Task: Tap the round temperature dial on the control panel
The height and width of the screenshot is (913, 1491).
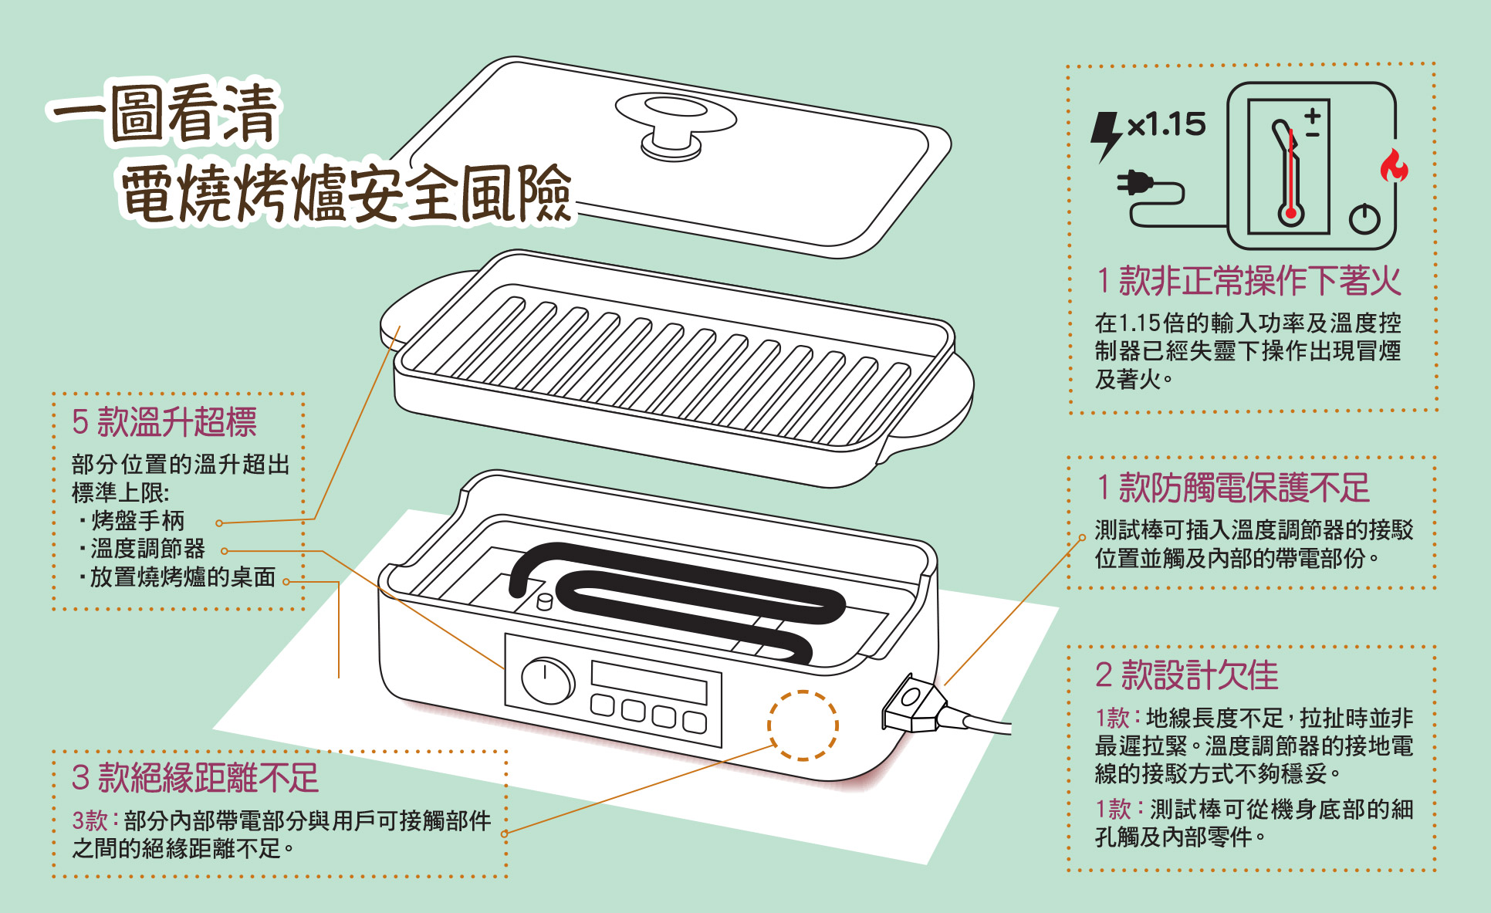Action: click(x=547, y=680)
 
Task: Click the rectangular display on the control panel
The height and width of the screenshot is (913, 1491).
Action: click(x=648, y=681)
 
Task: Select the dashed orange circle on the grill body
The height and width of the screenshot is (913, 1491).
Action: click(x=803, y=725)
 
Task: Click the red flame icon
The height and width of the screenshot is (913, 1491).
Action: click(x=1394, y=166)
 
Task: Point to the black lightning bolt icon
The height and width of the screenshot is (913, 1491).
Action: click(x=1105, y=136)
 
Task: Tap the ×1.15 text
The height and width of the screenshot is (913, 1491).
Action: click(x=1166, y=124)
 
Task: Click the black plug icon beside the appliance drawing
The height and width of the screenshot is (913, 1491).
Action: click(x=1135, y=184)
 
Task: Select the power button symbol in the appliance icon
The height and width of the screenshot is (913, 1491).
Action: click(x=1364, y=218)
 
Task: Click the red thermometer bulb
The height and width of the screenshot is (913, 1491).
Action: click(x=1290, y=213)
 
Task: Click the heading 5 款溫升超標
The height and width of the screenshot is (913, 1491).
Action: click(x=164, y=422)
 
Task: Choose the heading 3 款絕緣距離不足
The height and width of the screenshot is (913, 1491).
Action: click(x=195, y=777)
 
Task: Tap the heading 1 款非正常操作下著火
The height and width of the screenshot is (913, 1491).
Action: click(x=1248, y=280)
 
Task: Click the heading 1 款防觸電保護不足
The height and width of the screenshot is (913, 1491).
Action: click(x=1232, y=488)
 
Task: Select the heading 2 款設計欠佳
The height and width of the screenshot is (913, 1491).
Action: click(x=1186, y=675)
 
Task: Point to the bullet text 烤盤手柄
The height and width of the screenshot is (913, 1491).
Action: click(x=138, y=521)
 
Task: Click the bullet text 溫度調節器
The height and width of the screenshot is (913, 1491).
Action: click(x=147, y=549)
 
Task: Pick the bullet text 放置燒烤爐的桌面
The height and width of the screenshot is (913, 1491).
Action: click(x=183, y=577)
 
